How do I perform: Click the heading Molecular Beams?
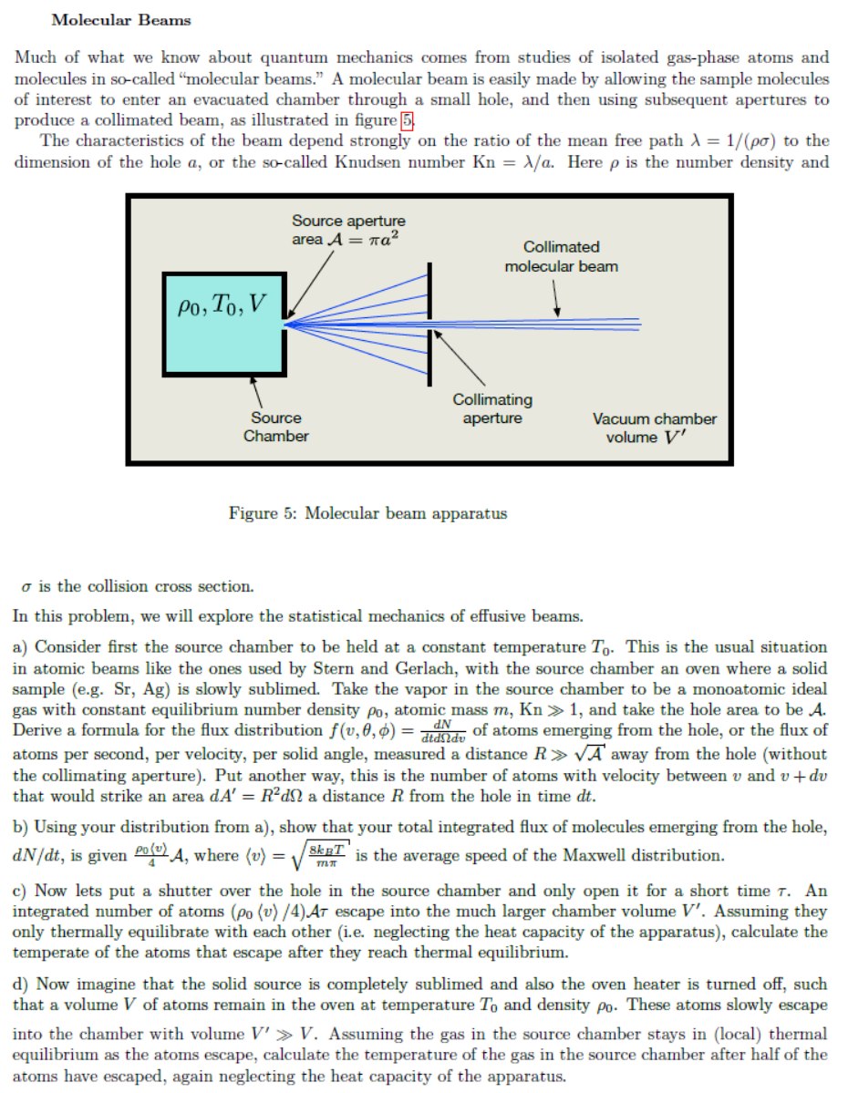[x=121, y=19]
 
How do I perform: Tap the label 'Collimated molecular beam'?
[x=561, y=256]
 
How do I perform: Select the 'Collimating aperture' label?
[x=492, y=408]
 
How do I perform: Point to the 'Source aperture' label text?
[x=348, y=221]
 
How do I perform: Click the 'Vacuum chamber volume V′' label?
[x=655, y=428]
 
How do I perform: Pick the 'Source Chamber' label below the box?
[x=275, y=427]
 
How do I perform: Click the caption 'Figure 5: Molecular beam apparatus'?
[x=367, y=513]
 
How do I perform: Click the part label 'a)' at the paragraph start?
[x=23, y=647]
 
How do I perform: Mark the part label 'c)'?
[x=23, y=890]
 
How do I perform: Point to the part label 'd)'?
[x=23, y=985]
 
